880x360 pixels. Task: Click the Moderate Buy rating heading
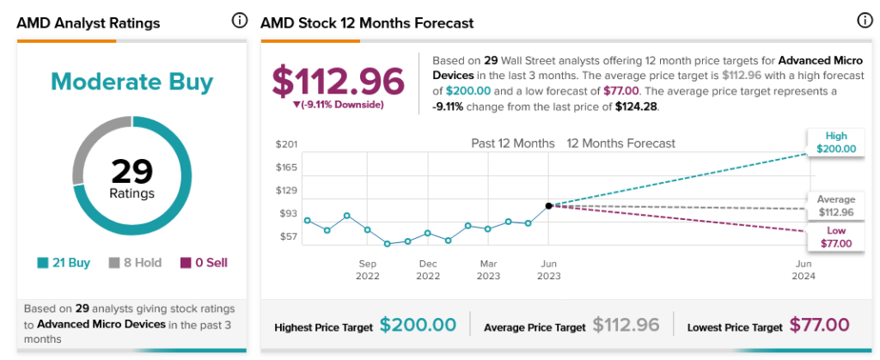click(x=131, y=82)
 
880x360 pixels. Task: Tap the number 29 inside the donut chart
click(x=131, y=172)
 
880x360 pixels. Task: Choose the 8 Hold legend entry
click(x=135, y=263)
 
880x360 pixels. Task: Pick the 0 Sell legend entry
click(x=204, y=263)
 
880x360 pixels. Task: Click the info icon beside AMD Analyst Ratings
click(x=239, y=21)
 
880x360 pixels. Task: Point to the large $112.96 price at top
click(x=338, y=81)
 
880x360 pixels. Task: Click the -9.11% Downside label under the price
click(x=338, y=105)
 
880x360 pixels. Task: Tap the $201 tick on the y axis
click(x=286, y=143)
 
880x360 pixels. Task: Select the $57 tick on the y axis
click(x=286, y=236)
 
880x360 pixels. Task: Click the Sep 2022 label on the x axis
click(x=368, y=270)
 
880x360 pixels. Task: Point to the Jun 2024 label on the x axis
click(x=804, y=270)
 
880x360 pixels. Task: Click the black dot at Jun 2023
click(x=547, y=206)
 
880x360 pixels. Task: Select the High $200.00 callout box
click(x=836, y=142)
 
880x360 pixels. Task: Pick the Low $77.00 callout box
click(x=836, y=237)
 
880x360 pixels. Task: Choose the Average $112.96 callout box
click(x=836, y=206)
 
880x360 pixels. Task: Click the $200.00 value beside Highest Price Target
click(x=418, y=326)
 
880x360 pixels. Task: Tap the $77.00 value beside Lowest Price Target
click(x=819, y=326)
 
